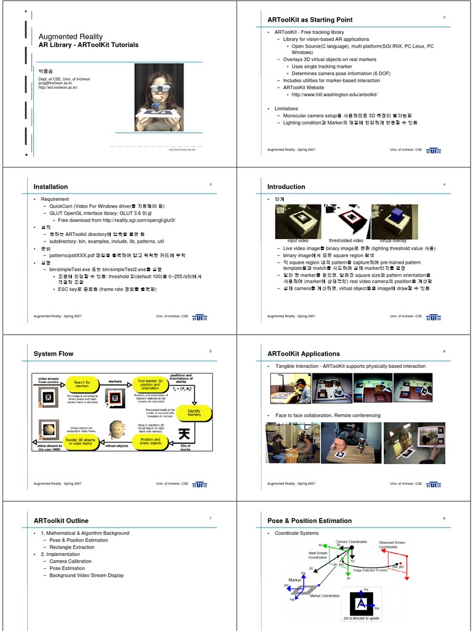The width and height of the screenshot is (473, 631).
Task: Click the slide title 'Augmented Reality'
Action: (x=71, y=36)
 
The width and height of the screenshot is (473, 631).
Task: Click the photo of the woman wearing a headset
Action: (x=159, y=97)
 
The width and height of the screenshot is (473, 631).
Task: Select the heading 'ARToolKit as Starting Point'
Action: (x=310, y=20)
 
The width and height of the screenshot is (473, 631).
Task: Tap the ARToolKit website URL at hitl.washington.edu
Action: (x=334, y=94)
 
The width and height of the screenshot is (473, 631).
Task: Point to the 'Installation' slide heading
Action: (x=51, y=187)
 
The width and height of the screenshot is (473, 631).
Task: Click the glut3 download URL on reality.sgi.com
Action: (x=117, y=220)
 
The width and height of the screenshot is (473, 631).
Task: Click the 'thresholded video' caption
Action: (x=346, y=240)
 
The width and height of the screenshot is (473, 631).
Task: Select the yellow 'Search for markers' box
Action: (x=82, y=384)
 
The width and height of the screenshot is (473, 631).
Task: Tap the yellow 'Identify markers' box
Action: (x=194, y=413)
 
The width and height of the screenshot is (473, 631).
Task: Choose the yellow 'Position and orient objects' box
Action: (x=150, y=442)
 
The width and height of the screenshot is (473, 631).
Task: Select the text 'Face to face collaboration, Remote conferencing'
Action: (x=328, y=415)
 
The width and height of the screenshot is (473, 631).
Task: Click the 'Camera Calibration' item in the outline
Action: (x=70, y=561)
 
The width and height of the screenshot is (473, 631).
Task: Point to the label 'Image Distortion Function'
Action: (x=370, y=571)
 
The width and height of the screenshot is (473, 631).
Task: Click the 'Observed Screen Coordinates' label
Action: (x=392, y=544)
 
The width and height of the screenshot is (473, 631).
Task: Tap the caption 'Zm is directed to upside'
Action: (x=362, y=618)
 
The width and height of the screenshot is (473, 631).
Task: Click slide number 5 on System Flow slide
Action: (x=211, y=351)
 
